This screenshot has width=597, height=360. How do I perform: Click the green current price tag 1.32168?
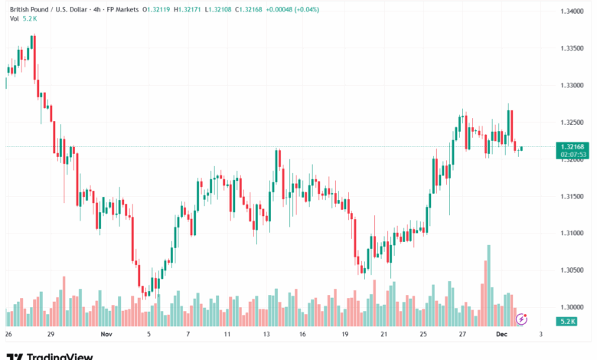tap(573, 146)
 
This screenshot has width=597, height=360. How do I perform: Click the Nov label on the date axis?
tap(106, 335)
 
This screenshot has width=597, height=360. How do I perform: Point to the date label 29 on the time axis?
tap(51, 335)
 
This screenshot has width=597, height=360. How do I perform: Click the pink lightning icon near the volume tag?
tap(521, 318)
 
